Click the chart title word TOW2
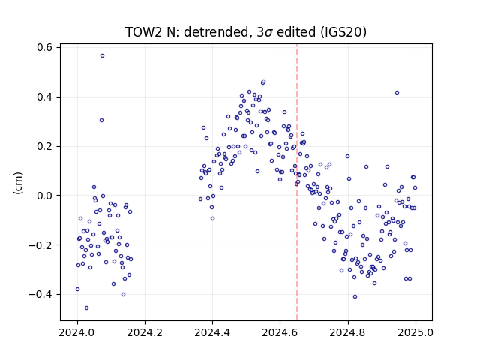[x=143, y=32]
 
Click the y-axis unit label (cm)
[x=18, y=183]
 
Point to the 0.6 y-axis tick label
[x=45, y=48]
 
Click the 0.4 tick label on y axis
[x=45, y=97]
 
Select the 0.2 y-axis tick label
[x=45, y=146]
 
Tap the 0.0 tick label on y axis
[x=45, y=196]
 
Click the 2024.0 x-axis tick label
[x=77, y=332]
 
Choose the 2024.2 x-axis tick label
[x=145, y=332]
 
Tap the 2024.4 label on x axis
[x=212, y=332]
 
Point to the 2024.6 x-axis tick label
[x=280, y=332]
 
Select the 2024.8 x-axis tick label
[x=348, y=332]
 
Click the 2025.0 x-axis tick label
[x=415, y=332]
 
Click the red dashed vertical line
[x=297, y=182]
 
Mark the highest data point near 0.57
[x=102, y=56]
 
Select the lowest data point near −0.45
[x=87, y=308]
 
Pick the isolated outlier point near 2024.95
[x=397, y=93]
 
